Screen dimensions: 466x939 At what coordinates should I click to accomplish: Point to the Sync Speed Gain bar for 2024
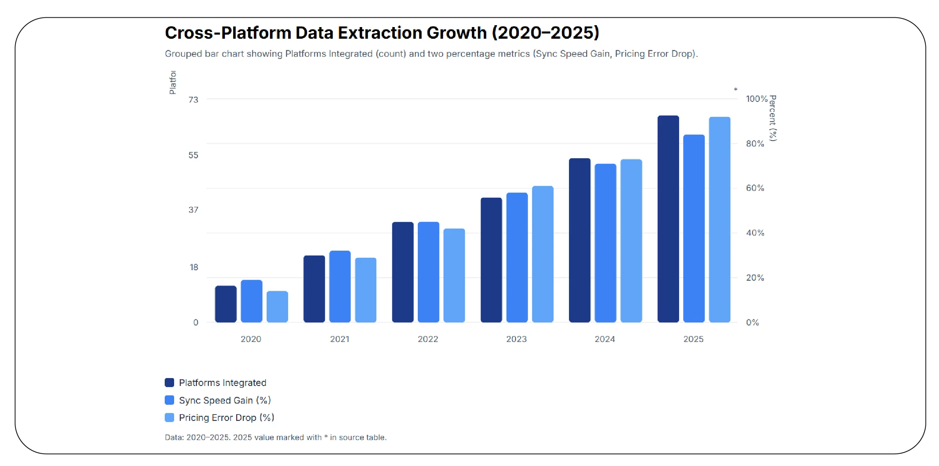click(x=605, y=243)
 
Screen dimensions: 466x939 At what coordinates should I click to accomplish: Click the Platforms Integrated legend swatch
click(x=169, y=383)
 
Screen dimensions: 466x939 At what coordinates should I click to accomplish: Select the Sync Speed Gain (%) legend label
click(x=225, y=400)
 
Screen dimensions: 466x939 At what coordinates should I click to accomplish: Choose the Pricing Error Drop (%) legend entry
click(x=226, y=418)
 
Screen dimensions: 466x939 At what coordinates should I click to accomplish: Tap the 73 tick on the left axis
click(x=193, y=100)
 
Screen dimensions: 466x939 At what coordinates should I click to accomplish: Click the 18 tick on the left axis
click(x=194, y=267)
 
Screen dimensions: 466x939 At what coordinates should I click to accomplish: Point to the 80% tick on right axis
click(x=755, y=144)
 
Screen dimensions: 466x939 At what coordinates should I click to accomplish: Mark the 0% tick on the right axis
click(x=752, y=322)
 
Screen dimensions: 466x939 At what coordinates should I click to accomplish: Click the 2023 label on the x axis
click(x=516, y=339)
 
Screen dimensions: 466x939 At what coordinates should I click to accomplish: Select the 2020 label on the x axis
click(x=251, y=339)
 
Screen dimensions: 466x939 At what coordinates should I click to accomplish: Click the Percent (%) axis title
click(x=773, y=118)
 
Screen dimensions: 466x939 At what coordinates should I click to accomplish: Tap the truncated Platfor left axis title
click(x=173, y=82)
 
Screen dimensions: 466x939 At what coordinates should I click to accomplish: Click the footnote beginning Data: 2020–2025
click(x=275, y=437)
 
